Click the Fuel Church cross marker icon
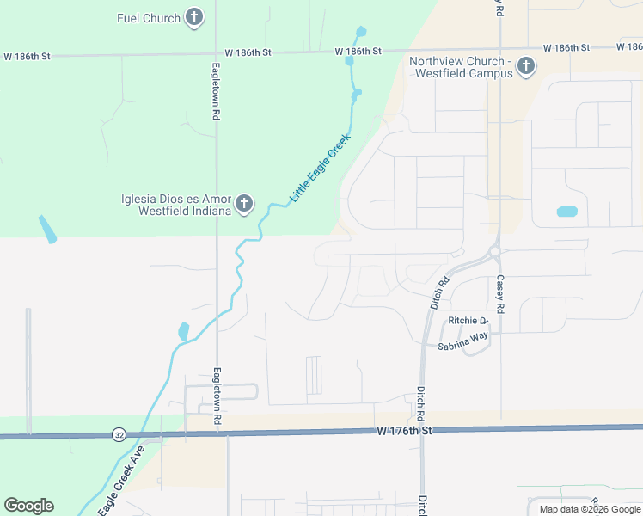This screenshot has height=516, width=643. tap(194, 17)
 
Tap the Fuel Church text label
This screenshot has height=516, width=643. tap(149, 18)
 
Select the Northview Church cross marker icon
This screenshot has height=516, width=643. tap(526, 66)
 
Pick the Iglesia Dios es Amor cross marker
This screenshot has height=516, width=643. tap(244, 204)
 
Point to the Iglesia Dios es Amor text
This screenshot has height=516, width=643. tap(176, 205)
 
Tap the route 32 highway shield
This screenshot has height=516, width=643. tap(119, 435)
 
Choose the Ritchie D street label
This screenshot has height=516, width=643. tap(468, 321)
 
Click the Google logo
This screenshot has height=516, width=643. tap(28, 506)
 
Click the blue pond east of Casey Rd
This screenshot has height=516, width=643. tap(566, 212)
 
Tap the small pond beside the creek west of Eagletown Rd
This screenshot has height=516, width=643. tap(182, 331)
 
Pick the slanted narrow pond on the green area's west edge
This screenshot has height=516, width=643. tap(46, 229)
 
